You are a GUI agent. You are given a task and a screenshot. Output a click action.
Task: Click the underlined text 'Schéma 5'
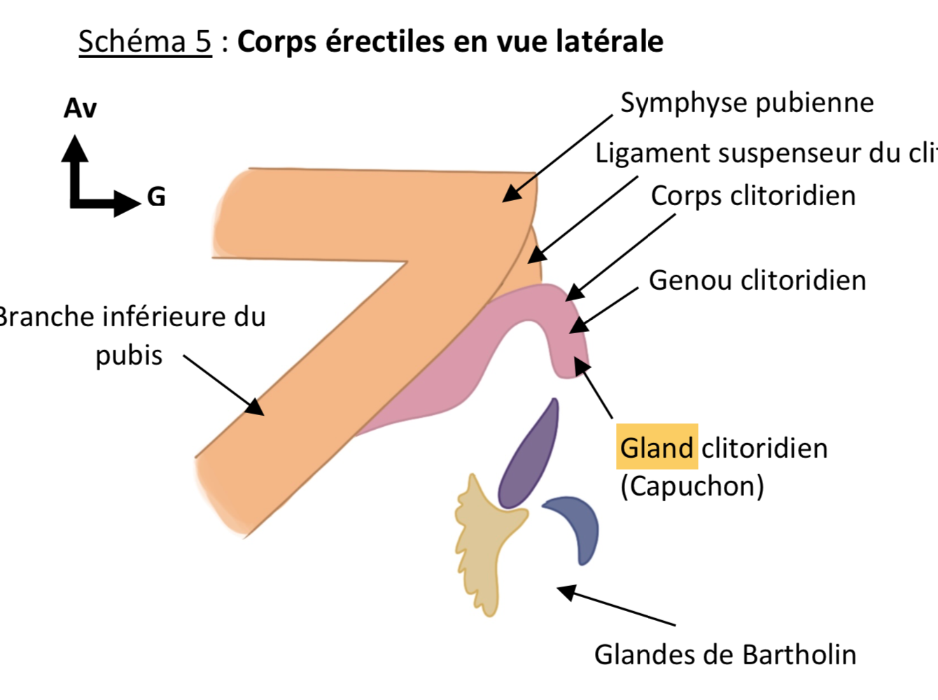point(144,42)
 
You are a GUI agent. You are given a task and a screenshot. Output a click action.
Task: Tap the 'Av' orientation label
point(80,108)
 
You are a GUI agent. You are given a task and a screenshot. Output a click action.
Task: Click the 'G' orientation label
point(156,197)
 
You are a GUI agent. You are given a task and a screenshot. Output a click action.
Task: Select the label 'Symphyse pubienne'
point(747,103)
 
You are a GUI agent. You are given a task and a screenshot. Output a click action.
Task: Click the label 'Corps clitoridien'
point(753,196)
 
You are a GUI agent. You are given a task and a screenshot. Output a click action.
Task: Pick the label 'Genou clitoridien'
point(757,281)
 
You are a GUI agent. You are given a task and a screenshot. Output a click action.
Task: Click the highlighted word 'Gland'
point(657,447)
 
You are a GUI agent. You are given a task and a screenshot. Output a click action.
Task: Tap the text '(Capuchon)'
point(692,486)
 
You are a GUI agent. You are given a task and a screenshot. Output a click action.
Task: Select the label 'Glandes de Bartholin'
point(725,654)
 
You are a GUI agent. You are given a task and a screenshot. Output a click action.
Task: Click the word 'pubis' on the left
point(129,356)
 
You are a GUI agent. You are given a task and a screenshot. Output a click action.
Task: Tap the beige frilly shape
point(483,546)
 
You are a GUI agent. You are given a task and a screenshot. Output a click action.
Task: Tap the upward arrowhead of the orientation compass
point(75,147)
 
